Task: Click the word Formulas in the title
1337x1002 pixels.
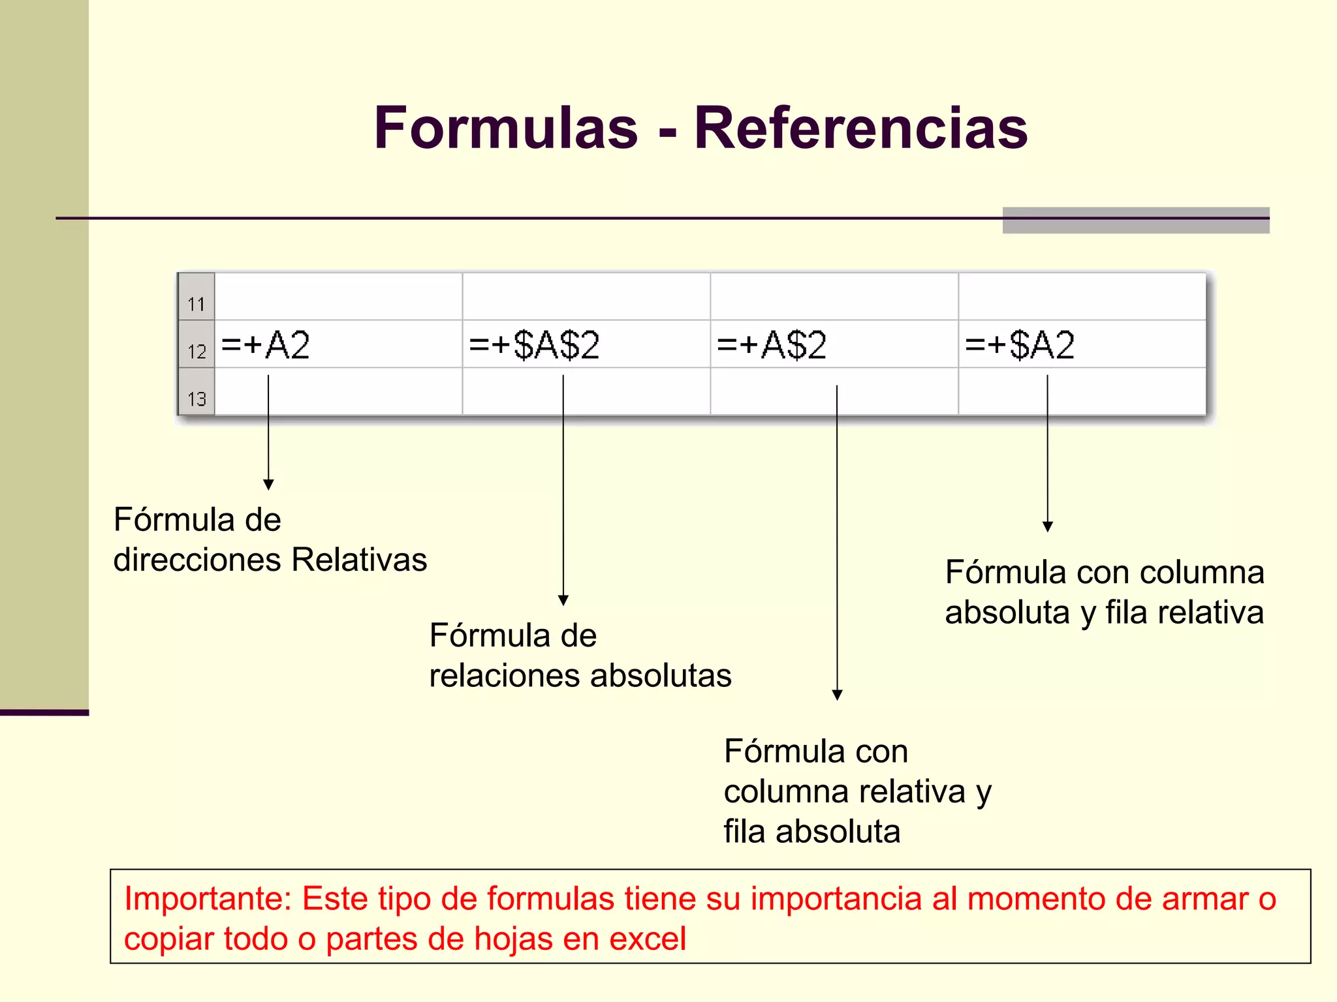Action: (x=506, y=128)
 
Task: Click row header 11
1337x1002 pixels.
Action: (x=197, y=303)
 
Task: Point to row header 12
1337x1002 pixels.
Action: (x=197, y=351)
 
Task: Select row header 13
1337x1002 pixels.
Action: (x=197, y=398)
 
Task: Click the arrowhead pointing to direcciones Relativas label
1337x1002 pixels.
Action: (x=268, y=484)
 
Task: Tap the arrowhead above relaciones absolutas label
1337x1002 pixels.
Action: (x=563, y=600)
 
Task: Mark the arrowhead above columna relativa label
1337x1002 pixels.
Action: (x=837, y=695)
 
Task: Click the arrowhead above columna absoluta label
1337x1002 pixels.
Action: (x=1048, y=526)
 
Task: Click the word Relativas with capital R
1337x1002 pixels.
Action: (x=359, y=560)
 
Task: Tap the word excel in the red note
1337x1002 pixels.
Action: (x=647, y=939)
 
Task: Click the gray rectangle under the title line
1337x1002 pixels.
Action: (x=1136, y=220)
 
